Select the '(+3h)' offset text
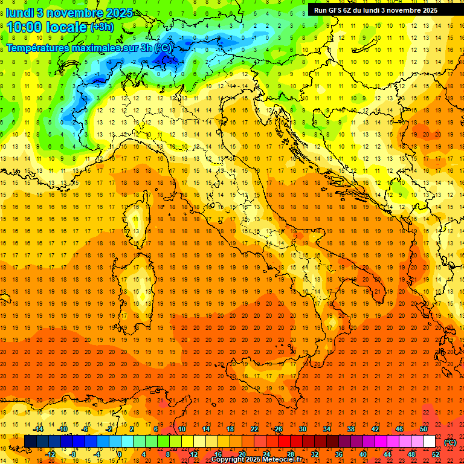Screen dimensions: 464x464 (101, 27)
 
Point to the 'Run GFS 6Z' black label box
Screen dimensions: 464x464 (376, 10)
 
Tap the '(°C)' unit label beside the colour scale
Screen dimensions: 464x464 (450, 442)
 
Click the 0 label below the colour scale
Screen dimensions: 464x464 (120, 454)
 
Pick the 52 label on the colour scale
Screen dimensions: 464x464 (436, 454)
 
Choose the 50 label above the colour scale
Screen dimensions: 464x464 (423, 429)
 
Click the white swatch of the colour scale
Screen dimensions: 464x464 (429, 442)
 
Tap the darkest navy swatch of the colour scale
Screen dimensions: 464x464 (30, 442)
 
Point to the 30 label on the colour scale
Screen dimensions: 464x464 (302, 429)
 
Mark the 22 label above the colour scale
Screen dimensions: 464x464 (254, 429)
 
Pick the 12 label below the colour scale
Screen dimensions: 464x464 (193, 454)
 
